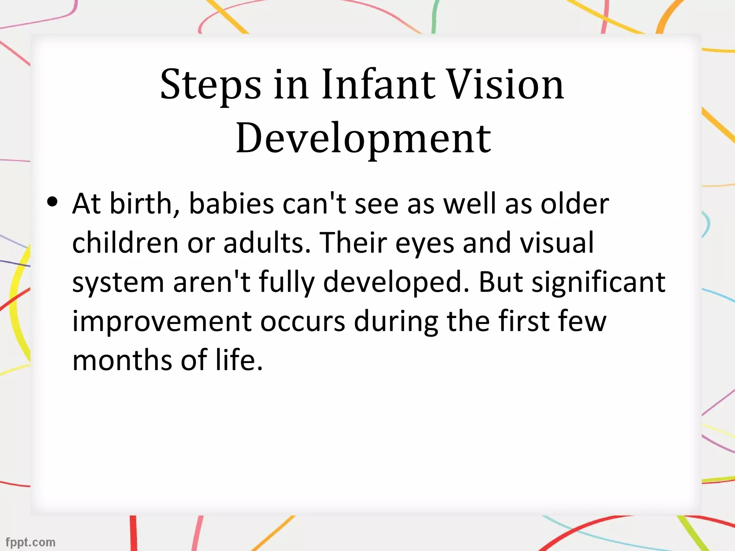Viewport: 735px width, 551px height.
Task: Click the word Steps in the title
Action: [x=211, y=85]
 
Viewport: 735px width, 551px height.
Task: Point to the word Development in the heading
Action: [x=363, y=139]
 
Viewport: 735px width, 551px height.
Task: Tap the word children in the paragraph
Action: [x=125, y=243]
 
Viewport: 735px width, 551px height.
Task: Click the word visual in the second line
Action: [x=557, y=243]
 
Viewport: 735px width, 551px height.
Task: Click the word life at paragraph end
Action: [x=239, y=360]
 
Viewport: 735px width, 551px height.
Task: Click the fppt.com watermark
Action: [x=31, y=542]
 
